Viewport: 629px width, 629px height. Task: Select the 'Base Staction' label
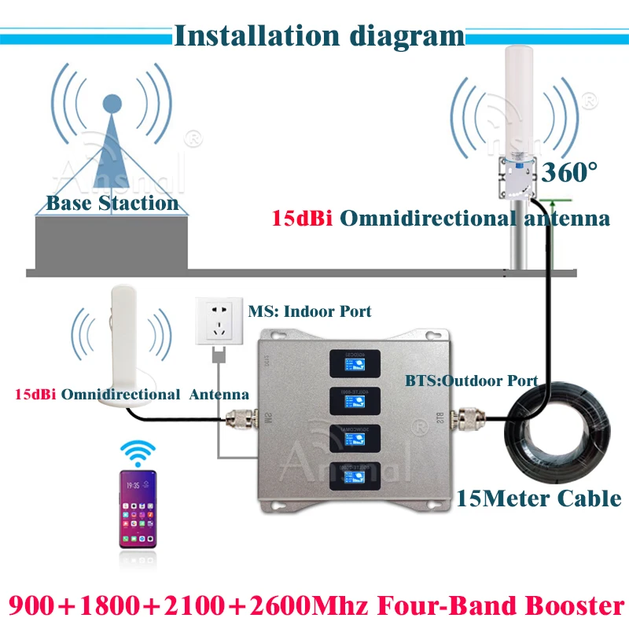pyautogui.click(x=112, y=203)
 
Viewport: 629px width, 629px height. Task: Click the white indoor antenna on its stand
pyautogui.click(x=127, y=346)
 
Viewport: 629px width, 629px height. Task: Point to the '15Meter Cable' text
pyautogui.click(x=539, y=498)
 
